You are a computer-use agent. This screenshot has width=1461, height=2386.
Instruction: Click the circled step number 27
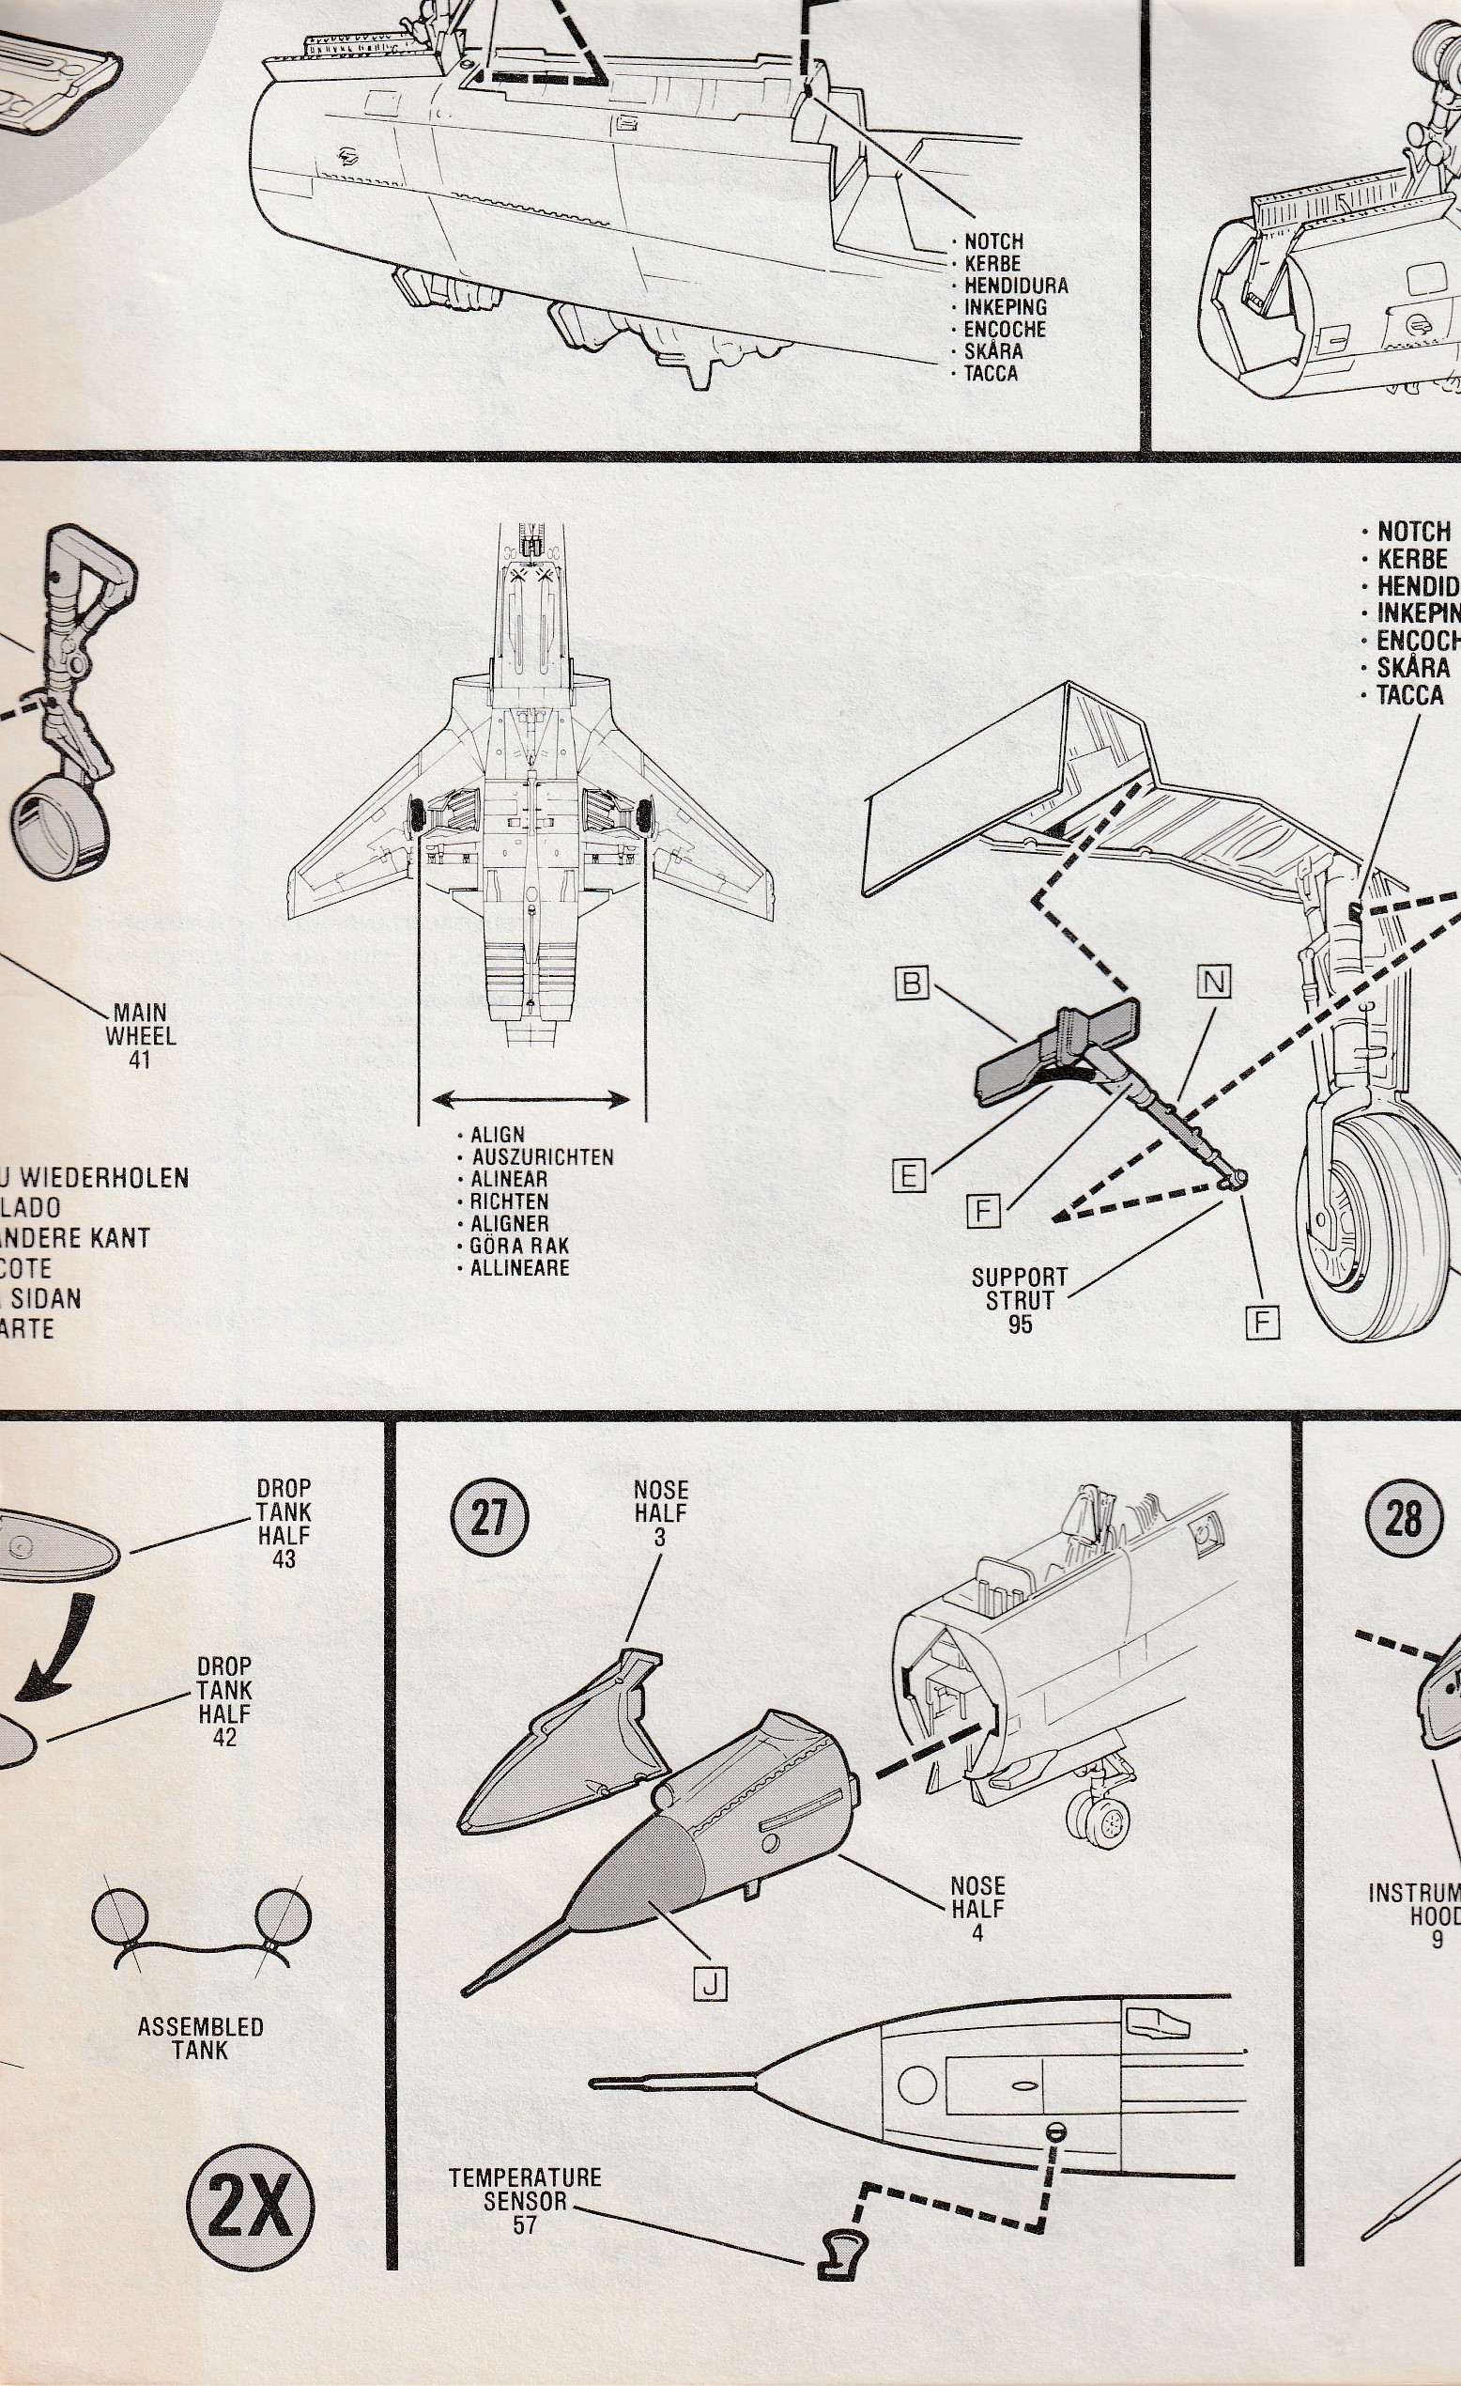(x=489, y=1516)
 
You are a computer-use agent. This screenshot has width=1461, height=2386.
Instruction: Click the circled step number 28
(x=1403, y=1517)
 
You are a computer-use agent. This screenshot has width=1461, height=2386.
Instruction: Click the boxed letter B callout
(x=912, y=984)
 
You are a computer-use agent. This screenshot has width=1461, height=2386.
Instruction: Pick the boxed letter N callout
(x=1213, y=983)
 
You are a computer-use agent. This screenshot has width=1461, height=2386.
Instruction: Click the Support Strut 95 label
(x=1020, y=1300)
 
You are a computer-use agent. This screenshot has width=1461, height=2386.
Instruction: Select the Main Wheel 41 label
(x=141, y=1036)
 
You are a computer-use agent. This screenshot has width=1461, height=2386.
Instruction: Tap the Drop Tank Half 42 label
(x=224, y=1701)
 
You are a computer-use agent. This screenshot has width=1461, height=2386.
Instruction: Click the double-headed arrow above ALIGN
(x=531, y=1099)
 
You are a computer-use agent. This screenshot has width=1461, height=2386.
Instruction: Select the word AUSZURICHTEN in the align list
(x=542, y=1157)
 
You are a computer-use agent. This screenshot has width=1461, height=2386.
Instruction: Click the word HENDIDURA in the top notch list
(x=1016, y=286)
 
